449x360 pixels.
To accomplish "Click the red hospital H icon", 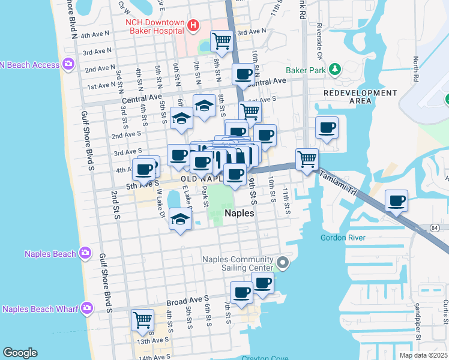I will coord(193,25).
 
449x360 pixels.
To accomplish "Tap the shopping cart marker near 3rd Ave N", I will coord(222,41).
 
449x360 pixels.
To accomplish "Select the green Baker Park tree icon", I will coord(335,70).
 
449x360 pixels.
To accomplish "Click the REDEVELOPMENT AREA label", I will coord(360,97).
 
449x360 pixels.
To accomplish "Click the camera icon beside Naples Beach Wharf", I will coord(87,309).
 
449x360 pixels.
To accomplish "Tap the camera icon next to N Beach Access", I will coord(68,64).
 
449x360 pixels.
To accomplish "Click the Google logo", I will coord(20,353).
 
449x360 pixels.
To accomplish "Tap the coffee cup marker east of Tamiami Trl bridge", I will coord(396,201).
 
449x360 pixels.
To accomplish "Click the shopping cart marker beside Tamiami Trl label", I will coord(307,159).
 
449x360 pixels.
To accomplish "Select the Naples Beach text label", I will coord(50,254).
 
